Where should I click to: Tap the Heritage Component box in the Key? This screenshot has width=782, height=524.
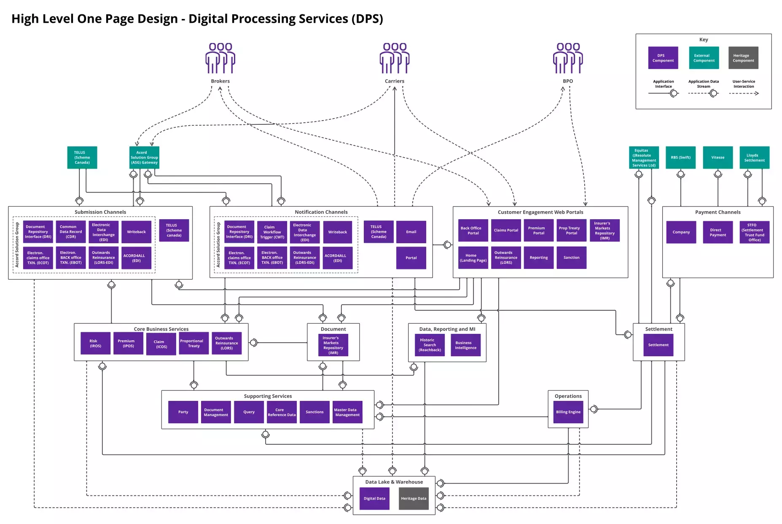743,58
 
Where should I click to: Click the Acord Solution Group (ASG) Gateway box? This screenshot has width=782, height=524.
144,158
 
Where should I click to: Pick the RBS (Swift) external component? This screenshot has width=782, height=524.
680,158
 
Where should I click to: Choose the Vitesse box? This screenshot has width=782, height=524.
718,158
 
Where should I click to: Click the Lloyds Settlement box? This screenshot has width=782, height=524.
754,158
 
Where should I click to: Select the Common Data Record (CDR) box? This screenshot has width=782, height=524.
70,232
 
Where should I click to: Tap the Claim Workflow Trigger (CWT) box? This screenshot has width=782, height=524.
272,232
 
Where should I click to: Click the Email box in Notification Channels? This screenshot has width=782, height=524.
411,232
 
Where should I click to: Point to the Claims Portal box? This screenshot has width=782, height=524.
506,230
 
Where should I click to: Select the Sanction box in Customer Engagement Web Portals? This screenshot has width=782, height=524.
571,258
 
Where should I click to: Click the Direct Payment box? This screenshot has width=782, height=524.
718,232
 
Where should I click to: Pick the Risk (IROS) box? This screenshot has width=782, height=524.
95,344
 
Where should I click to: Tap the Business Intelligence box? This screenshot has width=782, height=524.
465,345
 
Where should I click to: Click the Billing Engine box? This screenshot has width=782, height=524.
568,412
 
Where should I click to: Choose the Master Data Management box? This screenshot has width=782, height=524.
347,412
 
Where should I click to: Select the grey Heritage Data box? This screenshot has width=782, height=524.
414,499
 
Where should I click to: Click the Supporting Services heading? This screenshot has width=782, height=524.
268,396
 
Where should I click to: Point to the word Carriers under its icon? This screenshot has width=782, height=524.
394,81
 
